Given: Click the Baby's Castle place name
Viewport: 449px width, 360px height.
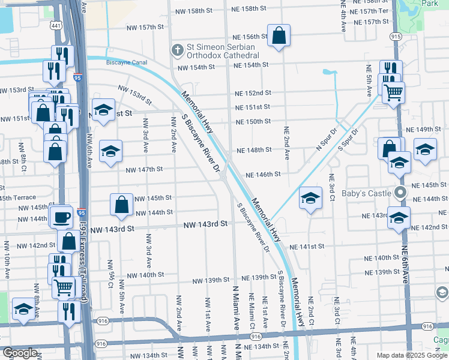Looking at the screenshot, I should (x=367, y=193).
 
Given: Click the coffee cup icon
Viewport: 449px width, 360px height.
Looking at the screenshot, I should (x=61, y=216).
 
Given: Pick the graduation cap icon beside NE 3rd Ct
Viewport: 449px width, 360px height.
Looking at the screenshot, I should (x=310, y=198).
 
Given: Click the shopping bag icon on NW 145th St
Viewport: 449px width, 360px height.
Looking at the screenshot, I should (x=121, y=204).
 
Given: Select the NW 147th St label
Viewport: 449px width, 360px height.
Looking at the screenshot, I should (x=145, y=170).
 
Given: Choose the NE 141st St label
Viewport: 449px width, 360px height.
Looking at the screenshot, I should (x=307, y=246).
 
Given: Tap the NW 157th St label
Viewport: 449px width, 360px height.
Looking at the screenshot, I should (x=145, y=28).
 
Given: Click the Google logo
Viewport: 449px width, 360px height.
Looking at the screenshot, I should (x=20, y=353).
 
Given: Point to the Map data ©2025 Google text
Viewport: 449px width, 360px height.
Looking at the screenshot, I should (x=412, y=355).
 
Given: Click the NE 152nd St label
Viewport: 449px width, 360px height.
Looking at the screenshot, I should (x=253, y=93).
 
